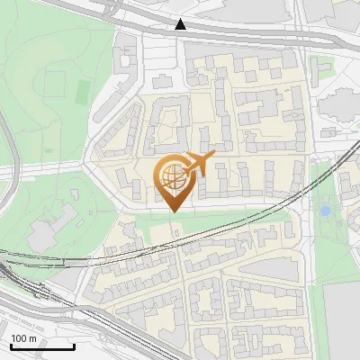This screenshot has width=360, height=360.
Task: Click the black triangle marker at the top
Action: (x=181, y=24)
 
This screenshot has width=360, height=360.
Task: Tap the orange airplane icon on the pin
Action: (x=199, y=165)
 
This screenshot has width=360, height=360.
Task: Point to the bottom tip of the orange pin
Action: (x=173, y=211)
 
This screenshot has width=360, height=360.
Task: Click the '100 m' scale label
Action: (x=23, y=337)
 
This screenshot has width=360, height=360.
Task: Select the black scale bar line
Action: (x=41, y=346)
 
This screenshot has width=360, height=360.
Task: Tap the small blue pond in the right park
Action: (x=325, y=211)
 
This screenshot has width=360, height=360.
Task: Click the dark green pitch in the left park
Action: (x=83, y=91)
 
